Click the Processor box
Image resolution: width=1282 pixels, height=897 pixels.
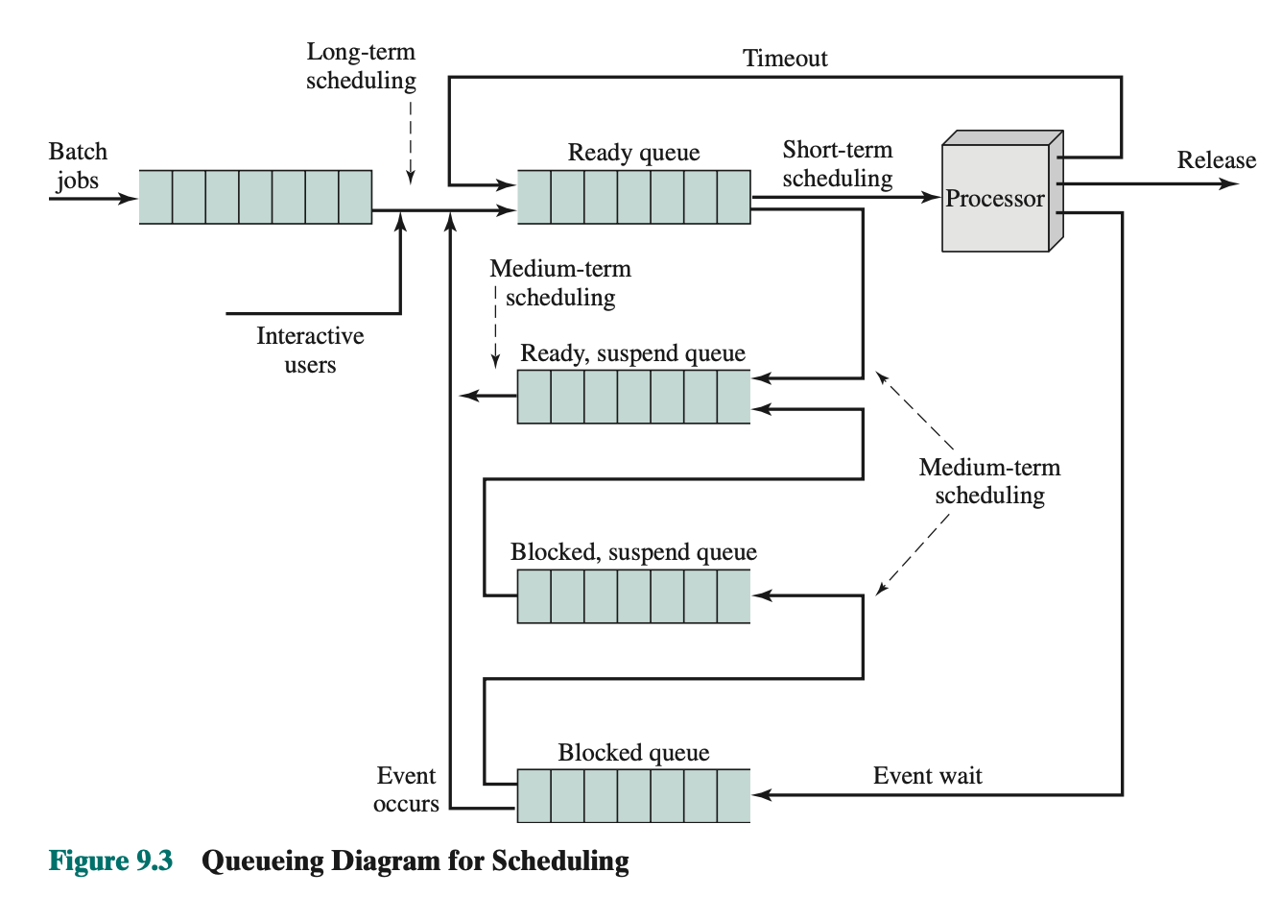tap(995, 198)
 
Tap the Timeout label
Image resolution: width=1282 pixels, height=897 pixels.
tap(785, 59)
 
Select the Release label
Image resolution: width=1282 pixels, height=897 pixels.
tap(1216, 160)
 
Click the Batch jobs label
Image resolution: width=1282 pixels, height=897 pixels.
tap(78, 166)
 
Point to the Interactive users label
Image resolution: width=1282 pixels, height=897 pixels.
tap(310, 350)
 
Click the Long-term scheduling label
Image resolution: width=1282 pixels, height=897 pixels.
tap(361, 66)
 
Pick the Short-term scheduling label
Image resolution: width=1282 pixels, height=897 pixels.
tap(837, 164)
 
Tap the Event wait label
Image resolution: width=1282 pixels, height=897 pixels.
tap(927, 776)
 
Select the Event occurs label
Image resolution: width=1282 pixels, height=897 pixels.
tap(406, 789)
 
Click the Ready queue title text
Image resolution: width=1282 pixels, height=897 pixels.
tap(633, 153)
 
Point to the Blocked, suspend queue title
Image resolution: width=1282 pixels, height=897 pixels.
tap(633, 552)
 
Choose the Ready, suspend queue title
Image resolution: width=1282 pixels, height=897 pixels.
tap(633, 353)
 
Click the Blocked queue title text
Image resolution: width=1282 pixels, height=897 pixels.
tap(633, 753)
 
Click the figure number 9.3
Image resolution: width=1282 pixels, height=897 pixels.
tap(154, 861)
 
